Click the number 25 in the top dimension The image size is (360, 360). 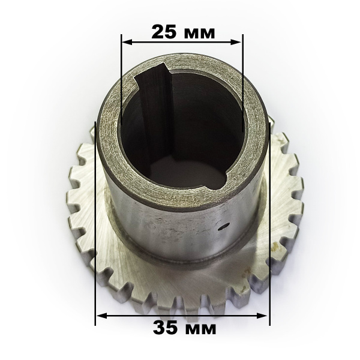tap(164, 32)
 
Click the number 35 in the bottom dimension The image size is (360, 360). tap(166, 328)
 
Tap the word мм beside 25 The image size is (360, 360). tap(199, 34)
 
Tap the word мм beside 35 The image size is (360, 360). tap(200, 329)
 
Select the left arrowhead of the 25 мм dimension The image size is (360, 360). tap(127, 42)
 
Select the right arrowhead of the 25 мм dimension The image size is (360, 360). tap(236, 42)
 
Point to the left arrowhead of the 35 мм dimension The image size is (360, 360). tap(101, 316)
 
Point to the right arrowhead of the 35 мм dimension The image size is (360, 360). tap(262, 316)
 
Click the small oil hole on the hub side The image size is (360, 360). tap(224, 226)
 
